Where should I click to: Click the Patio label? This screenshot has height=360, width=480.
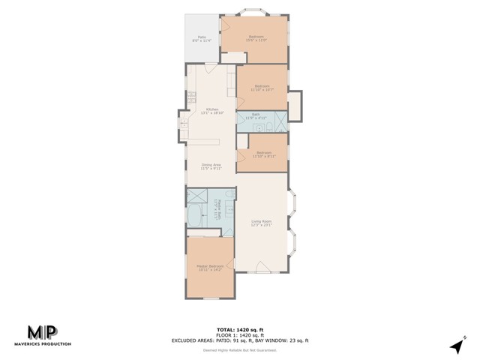tap(202, 38)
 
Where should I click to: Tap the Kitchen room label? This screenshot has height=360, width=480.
tap(212, 112)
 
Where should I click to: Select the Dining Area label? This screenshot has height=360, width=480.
tap(211, 166)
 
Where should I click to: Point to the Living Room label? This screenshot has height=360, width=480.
tap(261, 223)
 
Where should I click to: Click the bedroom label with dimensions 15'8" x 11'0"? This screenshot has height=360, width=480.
tap(256, 38)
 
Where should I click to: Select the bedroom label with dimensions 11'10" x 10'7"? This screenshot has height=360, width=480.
tap(262, 88)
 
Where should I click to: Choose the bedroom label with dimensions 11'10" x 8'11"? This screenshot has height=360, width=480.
tap(263, 154)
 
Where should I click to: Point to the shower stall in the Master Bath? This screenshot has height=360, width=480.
tap(197, 196)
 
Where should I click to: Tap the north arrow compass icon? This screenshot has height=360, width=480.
tap(456, 346)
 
